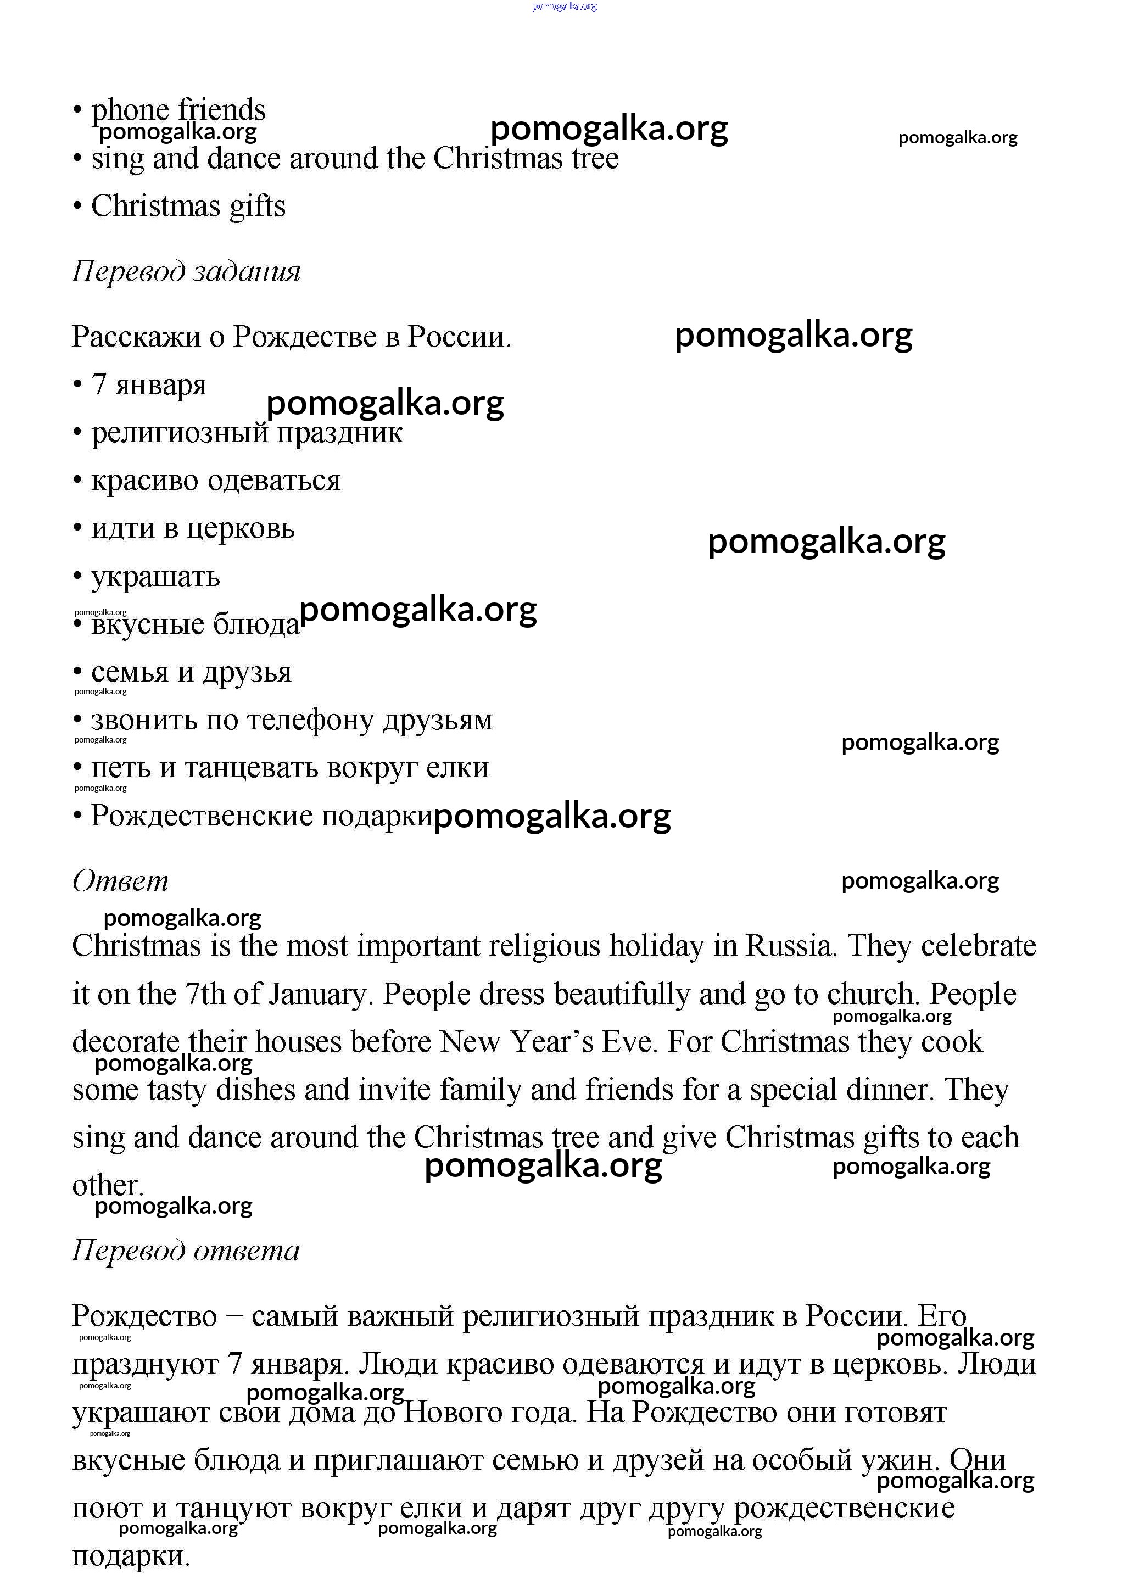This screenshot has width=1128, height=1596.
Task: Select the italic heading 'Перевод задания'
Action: tap(186, 271)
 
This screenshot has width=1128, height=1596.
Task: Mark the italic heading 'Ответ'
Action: tap(120, 881)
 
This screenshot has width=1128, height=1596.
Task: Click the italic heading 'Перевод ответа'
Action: tap(186, 1251)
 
